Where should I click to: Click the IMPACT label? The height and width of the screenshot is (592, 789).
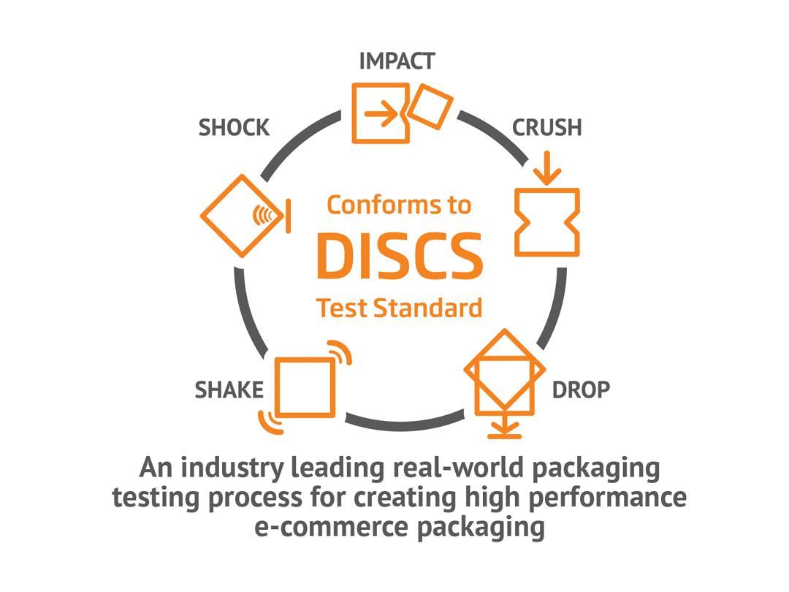pos(397,61)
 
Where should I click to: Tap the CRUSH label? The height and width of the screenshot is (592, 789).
pos(547,127)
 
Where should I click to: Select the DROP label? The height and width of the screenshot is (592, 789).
pos(582,390)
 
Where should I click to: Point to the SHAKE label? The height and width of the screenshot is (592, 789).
pos(229,390)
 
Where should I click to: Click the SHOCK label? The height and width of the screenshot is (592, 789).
pos(234,127)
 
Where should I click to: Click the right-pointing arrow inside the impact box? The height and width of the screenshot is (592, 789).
pos(381,113)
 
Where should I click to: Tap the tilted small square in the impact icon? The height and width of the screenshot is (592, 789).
pos(430,107)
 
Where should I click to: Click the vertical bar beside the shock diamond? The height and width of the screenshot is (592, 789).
pos(289,216)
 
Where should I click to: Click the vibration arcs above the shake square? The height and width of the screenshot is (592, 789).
pos(340,351)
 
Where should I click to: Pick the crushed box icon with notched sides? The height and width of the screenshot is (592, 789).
pos(547,222)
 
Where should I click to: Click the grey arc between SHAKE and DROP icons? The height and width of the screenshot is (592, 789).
pos(405,425)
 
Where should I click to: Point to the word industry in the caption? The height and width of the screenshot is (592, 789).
pos(232,468)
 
